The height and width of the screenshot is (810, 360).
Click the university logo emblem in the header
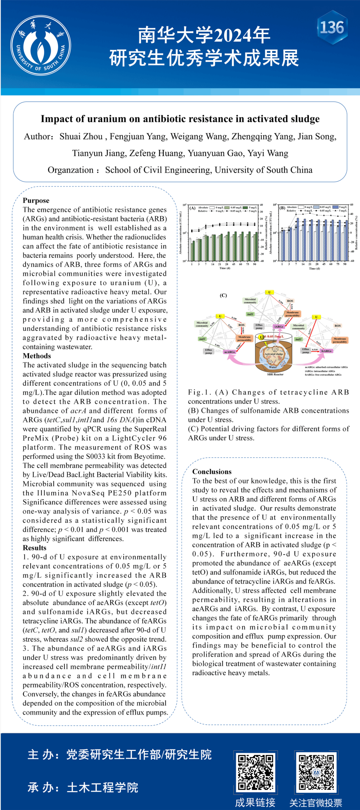pyautogui.click(x=40, y=45)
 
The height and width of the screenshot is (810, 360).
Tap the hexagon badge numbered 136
pyautogui.click(x=332, y=27)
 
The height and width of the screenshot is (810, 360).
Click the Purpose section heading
pyautogui.click(x=36, y=200)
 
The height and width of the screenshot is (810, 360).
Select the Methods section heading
pyautogui.click(x=37, y=356)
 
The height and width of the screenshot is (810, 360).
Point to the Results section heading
pyautogui.click(x=34, y=548)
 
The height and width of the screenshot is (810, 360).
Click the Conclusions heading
pyautogui.click(x=212, y=471)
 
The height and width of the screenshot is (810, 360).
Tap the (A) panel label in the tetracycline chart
pyautogui.click(x=192, y=208)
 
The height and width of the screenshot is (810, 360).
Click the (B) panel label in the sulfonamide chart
pyautogui.click(x=282, y=208)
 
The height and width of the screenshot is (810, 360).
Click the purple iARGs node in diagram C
pyautogui.click(x=279, y=327)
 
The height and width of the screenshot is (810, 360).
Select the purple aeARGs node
pyautogui.click(x=229, y=352)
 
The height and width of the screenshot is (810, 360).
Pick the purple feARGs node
pyautogui.click(x=326, y=351)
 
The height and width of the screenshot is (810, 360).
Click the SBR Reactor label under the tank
pyautogui.click(x=275, y=374)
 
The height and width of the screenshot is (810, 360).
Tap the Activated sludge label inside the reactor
pyautogui.click(x=274, y=354)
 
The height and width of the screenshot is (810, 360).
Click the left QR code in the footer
pyautogui.click(x=255, y=772)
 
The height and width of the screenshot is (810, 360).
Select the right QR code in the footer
pyautogui.click(x=316, y=772)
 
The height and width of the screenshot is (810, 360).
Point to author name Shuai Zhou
pyautogui.click(x=81, y=137)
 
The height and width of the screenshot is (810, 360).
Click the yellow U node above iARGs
pyautogui.click(x=269, y=292)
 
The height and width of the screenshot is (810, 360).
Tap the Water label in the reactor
pyautogui.click(x=273, y=367)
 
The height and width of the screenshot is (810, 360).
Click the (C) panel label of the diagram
pyautogui.click(x=223, y=295)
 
